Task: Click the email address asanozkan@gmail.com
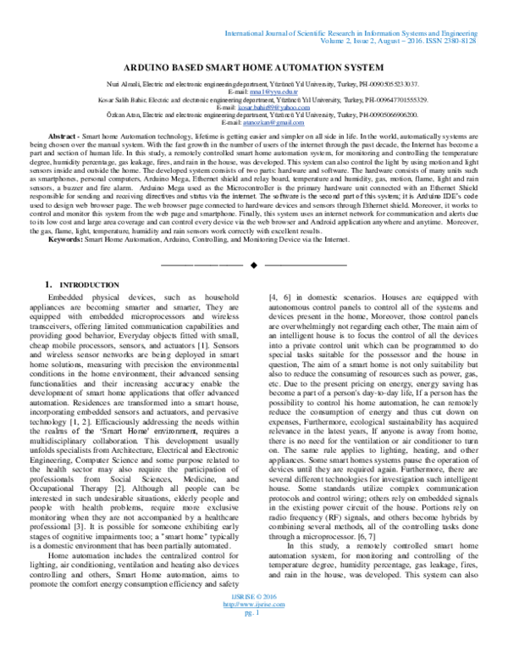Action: tap(255, 123)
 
